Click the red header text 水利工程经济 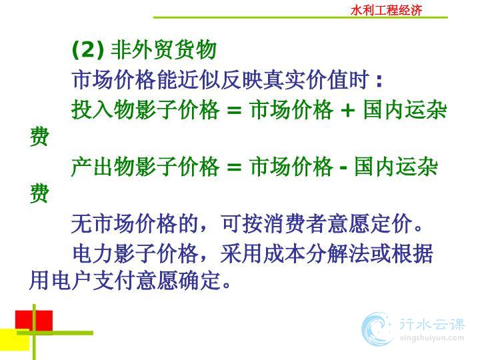tap(386, 11)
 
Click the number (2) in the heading tap(88, 49)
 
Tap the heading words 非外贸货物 tap(163, 49)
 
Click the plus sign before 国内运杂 tap(347, 110)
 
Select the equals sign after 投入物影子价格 tap(234, 110)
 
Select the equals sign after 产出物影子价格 tap(234, 167)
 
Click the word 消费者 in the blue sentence tap(295, 224)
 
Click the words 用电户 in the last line tap(61, 281)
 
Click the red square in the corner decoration tap(34, 321)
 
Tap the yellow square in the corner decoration tap(15, 339)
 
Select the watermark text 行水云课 tap(432, 325)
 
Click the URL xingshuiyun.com tap(432, 338)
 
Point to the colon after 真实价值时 tap(379, 81)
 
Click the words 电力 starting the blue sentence tap(93, 253)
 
